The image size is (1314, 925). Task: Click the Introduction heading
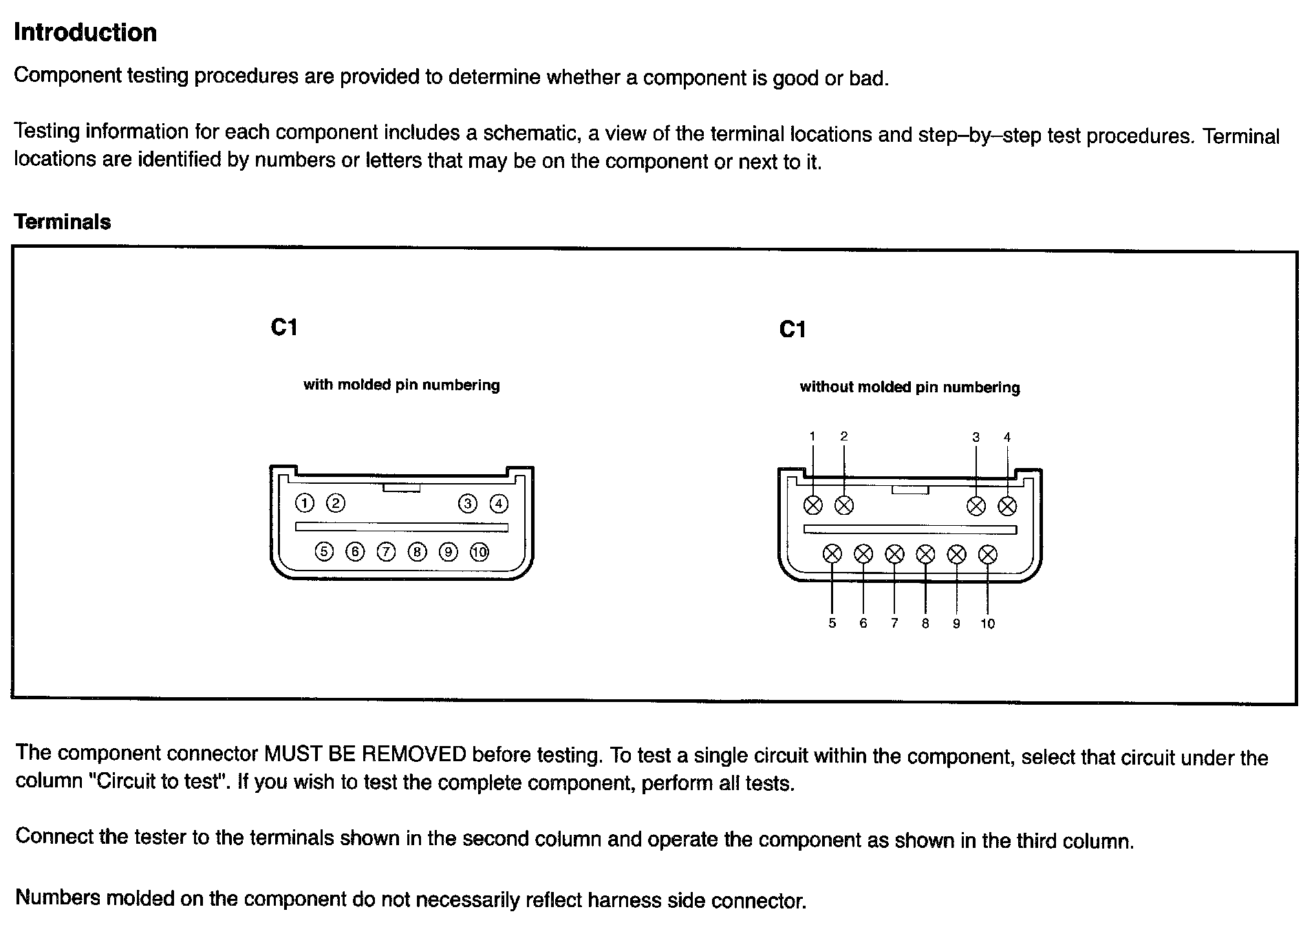point(85,32)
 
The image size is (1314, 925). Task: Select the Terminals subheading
point(62,222)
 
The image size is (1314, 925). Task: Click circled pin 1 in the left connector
point(304,503)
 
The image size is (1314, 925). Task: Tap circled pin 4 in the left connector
point(499,504)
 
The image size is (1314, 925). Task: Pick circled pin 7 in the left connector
point(387,551)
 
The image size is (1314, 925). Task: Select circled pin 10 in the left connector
point(480,551)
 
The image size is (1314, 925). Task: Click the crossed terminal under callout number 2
point(844,505)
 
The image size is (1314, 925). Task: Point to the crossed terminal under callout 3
point(976,506)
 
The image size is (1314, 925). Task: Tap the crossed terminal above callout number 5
point(832,553)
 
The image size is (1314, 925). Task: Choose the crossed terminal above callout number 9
point(956,554)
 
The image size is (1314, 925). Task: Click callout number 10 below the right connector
point(987,624)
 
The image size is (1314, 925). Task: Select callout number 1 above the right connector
point(812,436)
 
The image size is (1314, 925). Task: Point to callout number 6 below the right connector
point(863,624)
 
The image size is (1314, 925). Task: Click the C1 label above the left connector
point(284,327)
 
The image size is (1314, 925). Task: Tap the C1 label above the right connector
point(793,330)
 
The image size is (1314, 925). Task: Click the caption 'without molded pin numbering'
point(909,387)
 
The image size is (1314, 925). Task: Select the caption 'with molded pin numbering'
point(402,385)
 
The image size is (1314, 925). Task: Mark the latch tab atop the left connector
point(401,487)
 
